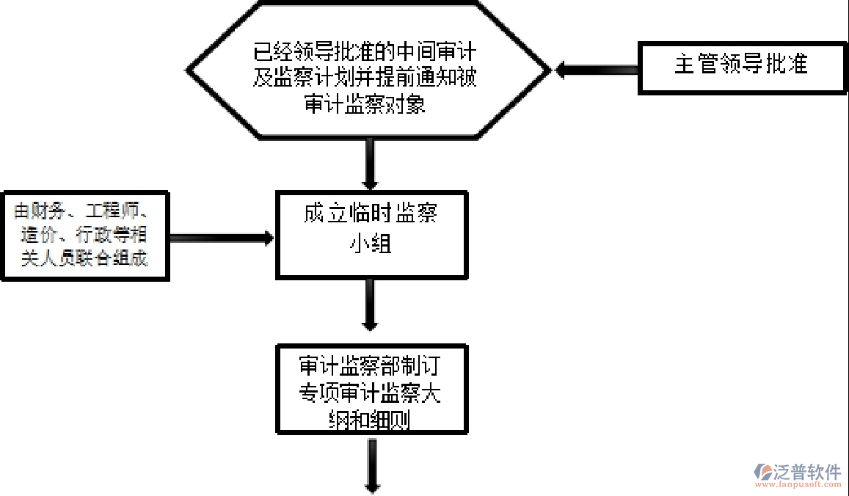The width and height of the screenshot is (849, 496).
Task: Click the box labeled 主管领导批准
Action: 740,67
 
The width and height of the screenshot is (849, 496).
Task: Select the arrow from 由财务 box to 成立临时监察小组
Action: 220,238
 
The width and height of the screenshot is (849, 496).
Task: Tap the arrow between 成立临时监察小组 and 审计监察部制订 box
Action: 370,304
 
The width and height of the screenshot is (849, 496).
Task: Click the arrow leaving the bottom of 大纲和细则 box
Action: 371,465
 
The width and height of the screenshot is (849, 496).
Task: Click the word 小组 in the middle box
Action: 370,244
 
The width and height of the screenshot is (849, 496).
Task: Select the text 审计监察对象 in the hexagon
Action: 365,105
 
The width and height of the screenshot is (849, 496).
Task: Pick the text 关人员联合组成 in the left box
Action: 84,258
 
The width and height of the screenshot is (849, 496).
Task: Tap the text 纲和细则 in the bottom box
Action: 370,420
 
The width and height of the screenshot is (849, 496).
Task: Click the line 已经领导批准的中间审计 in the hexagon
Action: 365,53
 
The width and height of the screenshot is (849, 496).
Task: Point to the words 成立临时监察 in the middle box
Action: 370,214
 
